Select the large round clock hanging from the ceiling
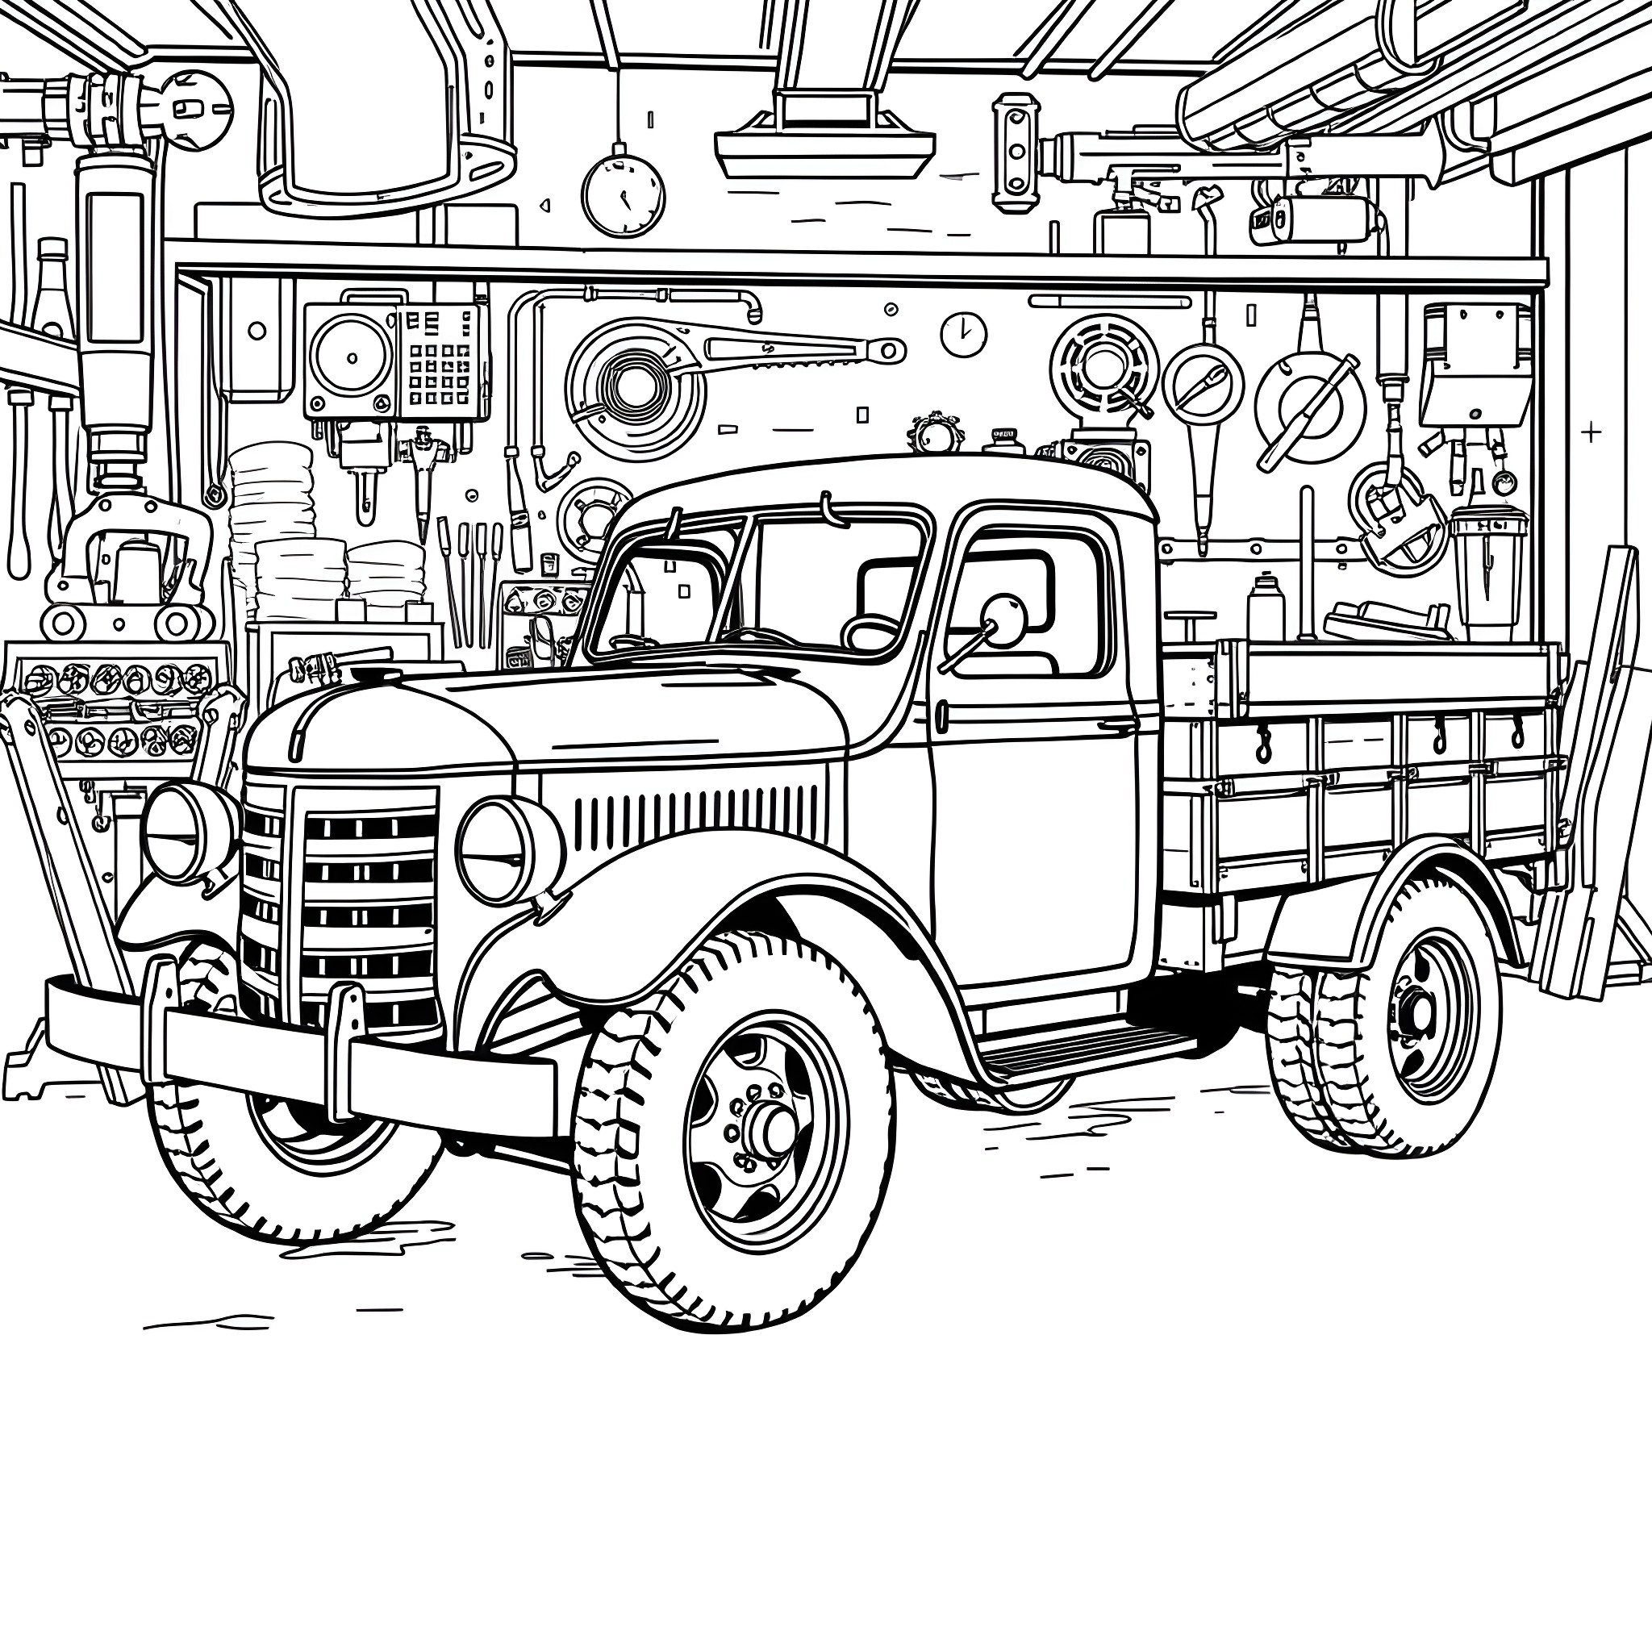pyautogui.click(x=623, y=195)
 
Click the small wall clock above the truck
pyautogui.click(x=964, y=333)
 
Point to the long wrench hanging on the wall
pyautogui.click(x=795, y=348)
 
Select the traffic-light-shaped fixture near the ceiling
pyautogui.click(x=1016, y=152)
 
